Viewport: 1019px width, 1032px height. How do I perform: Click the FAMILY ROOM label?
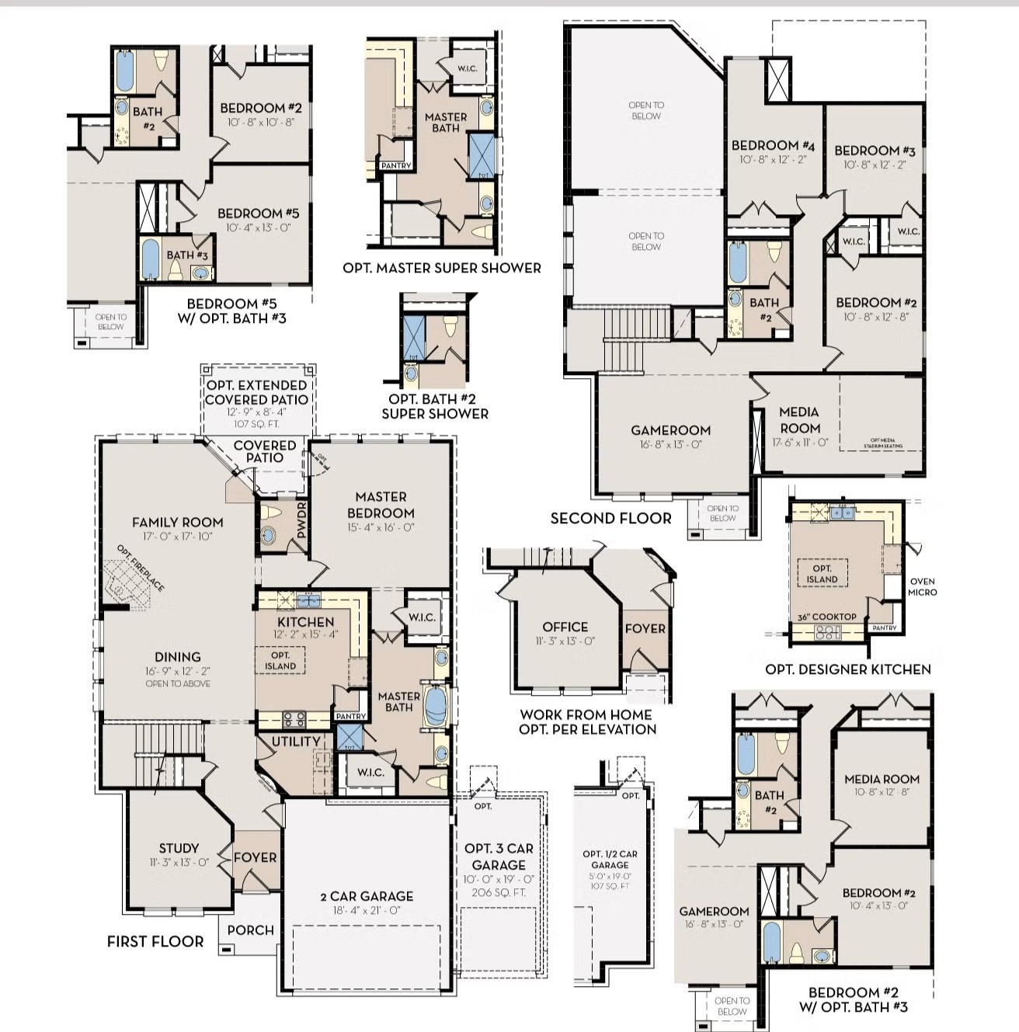pos(177,523)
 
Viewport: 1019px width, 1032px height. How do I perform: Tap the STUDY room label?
pos(179,848)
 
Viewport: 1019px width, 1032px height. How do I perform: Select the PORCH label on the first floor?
pos(250,929)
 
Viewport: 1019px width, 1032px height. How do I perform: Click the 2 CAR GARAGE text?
pos(367,896)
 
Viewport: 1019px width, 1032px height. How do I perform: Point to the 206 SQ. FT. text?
pos(499,892)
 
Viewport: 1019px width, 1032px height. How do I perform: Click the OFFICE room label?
pos(565,627)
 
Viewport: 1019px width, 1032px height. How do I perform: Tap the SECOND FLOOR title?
pos(610,518)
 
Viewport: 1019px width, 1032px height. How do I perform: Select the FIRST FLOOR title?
pos(155,941)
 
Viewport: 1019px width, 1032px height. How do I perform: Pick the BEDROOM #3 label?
pos(875,151)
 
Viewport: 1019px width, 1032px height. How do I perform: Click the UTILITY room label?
pos(295,742)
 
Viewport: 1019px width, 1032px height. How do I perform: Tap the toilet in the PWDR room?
pos(271,513)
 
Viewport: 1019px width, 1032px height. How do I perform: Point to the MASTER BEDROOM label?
pos(381,505)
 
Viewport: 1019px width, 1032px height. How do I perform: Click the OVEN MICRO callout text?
pos(923,586)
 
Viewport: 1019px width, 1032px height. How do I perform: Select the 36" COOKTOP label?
pos(826,617)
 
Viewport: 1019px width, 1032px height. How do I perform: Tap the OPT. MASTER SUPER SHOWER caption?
pos(441,268)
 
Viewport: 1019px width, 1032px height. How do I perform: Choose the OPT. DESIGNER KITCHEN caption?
pos(847,669)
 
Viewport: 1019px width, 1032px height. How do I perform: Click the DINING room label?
pos(177,657)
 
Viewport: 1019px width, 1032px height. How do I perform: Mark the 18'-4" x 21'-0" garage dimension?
pos(367,910)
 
